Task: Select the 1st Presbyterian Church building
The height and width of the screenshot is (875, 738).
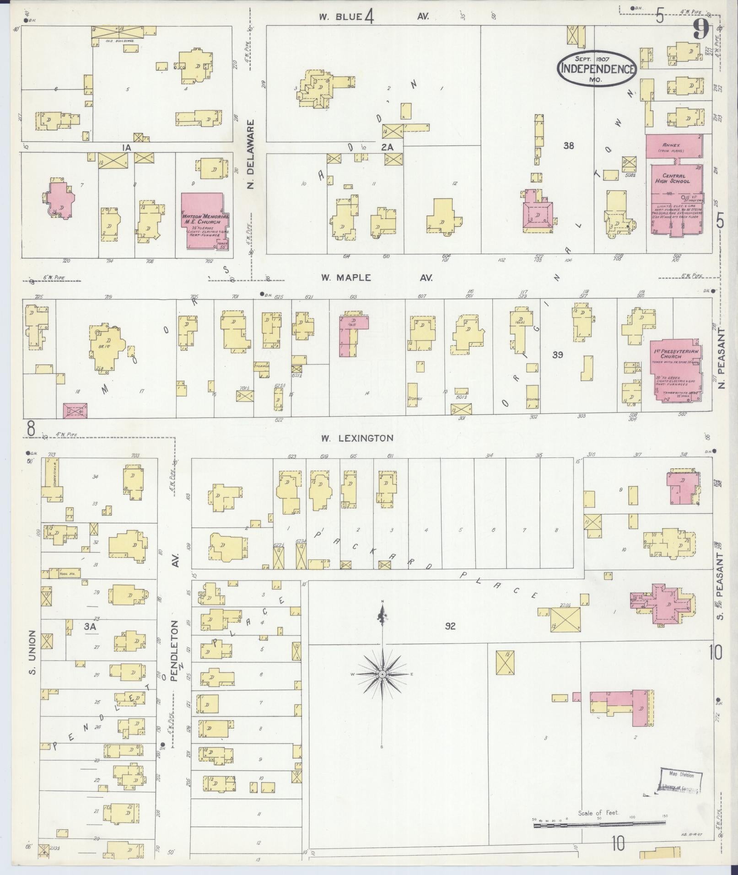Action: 676,370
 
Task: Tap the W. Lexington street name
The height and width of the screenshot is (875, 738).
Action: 357,438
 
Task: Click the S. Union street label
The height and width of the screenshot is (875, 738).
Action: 32,653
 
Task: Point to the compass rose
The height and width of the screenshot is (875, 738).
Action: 382,674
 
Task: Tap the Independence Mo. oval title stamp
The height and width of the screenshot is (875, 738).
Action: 597,69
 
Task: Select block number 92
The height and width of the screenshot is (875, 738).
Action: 450,626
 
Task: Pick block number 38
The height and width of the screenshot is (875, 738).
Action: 569,146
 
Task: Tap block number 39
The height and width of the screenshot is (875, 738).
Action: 557,354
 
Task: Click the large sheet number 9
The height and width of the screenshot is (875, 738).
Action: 701,30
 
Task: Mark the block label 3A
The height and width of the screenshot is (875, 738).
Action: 90,628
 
